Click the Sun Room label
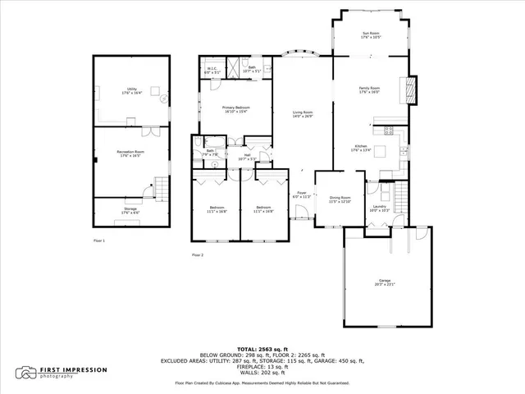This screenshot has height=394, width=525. (370, 35)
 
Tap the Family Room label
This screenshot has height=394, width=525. (368, 89)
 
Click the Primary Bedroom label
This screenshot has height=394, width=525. (236, 109)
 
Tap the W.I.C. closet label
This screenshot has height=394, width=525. (211, 71)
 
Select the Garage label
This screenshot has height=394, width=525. (385, 282)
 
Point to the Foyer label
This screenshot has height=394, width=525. (302, 195)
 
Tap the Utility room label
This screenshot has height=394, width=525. (131, 92)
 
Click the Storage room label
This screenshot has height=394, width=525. (131, 210)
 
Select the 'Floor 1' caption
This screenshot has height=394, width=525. (99, 241)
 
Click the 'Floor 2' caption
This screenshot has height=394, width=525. (198, 255)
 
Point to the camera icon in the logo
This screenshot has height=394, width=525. (29, 373)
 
